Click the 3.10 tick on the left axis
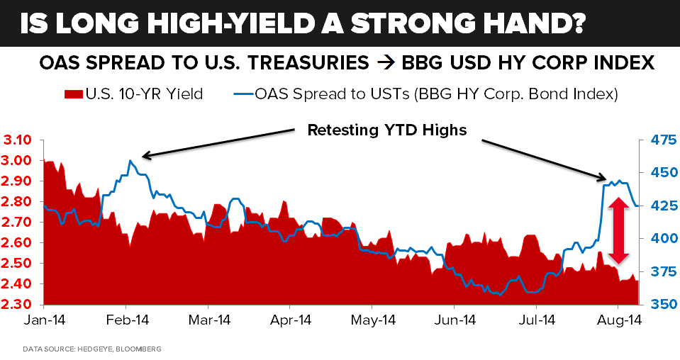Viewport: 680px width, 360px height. click(19, 140)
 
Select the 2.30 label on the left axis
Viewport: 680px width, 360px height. click(19, 305)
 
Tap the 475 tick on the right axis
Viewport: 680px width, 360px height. click(655, 140)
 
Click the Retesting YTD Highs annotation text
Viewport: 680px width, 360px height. click(386, 130)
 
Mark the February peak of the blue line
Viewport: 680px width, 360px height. click(130, 161)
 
